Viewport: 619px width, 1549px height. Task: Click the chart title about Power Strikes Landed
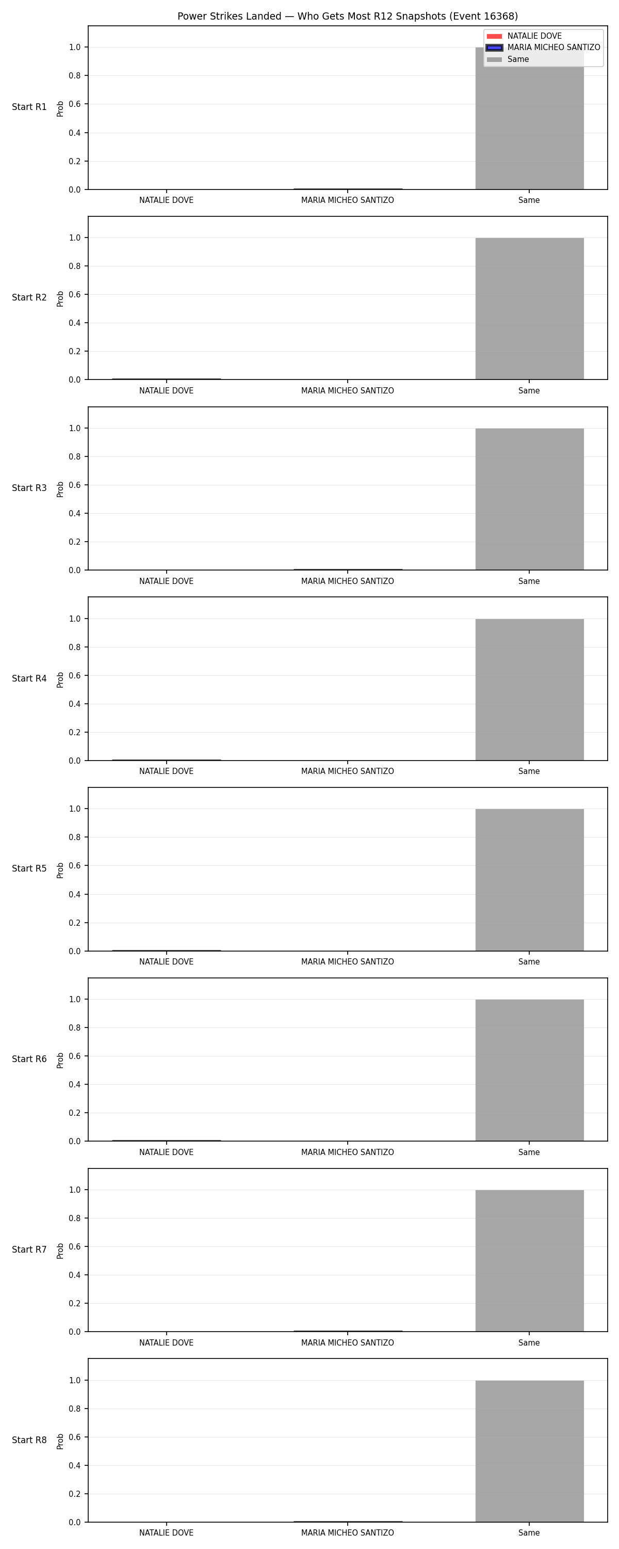[x=347, y=16]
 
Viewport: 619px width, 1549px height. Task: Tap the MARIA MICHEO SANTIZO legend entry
[x=543, y=48]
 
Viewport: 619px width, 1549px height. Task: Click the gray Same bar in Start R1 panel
[x=529, y=118]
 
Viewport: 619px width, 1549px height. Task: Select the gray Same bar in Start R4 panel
[x=529, y=690]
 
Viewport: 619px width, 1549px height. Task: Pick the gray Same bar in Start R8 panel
[x=529, y=1451]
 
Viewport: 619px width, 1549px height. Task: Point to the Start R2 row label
[x=29, y=297]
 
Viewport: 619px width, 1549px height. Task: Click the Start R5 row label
[x=29, y=869]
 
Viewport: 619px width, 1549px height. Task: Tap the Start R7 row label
[x=29, y=1250]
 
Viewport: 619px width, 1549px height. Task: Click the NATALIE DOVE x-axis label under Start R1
[x=167, y=200]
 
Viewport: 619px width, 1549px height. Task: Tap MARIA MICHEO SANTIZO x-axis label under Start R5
[x=347, y=961]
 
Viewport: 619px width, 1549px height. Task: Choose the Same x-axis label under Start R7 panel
[x=529, y=1343]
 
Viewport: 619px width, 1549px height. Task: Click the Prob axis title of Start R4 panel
[x=60, y=679]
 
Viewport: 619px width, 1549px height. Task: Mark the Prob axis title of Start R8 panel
[x=60, y=1442]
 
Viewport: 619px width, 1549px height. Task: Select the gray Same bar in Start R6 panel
[x=529, y=1070]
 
